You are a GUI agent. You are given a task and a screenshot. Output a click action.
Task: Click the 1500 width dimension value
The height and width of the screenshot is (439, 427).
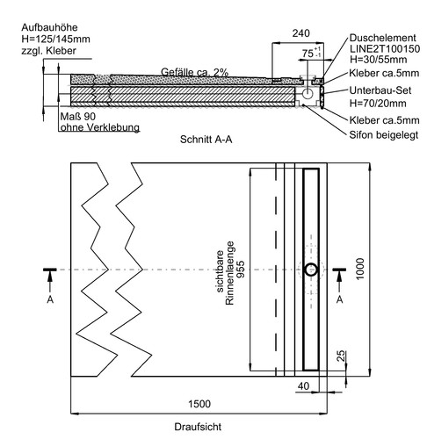[199, 404]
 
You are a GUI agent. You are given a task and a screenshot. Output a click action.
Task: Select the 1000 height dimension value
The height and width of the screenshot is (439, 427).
[360, 269]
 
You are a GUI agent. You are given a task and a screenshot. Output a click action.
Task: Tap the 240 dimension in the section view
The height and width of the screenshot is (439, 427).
[300, 33]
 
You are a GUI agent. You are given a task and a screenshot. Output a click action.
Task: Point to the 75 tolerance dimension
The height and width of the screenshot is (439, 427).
[311, 53]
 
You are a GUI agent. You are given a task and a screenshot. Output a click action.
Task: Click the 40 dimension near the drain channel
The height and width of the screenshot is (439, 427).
[303, 386]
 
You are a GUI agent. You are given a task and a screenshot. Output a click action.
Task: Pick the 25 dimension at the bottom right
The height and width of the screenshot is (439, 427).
[341, 356]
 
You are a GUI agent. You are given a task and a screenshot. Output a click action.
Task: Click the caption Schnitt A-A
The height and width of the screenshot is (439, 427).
[206, 140]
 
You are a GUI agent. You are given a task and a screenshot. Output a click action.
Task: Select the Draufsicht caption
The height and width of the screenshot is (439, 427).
[198, 427]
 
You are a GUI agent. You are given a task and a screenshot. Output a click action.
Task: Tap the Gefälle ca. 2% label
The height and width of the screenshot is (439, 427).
[194, 72]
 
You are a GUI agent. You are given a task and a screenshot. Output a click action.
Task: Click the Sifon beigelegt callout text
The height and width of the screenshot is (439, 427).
[384, 135]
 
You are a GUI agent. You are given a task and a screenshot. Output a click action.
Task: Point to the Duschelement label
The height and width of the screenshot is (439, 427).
[382, 38]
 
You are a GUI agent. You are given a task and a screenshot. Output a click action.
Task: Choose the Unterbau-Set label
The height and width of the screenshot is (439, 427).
[380, 90]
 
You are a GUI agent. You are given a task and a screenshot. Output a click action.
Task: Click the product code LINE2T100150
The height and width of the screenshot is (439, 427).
[385, 48]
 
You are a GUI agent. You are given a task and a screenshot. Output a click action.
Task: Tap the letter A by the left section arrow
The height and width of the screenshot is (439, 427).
[50, 299]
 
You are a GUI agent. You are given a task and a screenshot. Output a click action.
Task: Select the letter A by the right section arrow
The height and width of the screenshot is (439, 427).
[339, 299]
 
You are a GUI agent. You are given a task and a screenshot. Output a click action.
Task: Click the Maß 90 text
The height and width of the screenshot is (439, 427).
[78, 117]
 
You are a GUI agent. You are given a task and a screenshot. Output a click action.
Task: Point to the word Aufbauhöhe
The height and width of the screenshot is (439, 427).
[49, 27]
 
